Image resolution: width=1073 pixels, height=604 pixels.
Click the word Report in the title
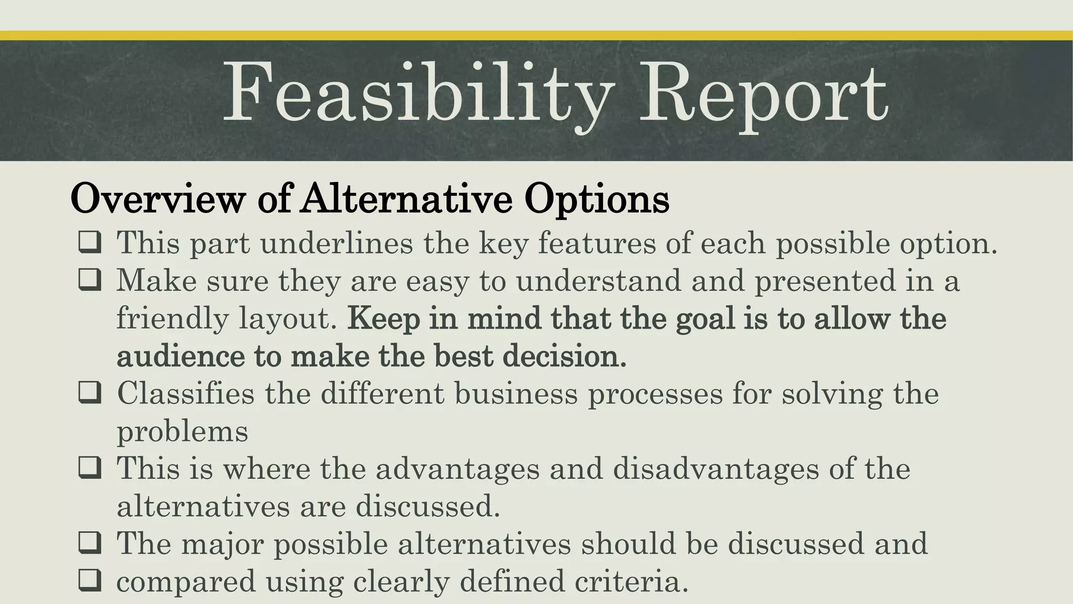pos(763,94)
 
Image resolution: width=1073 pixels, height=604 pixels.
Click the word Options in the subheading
pos(597,199)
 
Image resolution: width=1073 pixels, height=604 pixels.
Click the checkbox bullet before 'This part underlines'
pos(90,244)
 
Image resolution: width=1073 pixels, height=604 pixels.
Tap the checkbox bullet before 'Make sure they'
pos(90,282)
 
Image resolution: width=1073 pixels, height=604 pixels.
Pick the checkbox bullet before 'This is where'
pos(90,469)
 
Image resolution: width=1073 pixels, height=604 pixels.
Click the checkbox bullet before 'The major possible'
pos(90,544)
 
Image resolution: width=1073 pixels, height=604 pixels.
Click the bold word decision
pos(564,357)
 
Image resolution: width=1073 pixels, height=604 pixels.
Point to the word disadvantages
pos(715,468)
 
